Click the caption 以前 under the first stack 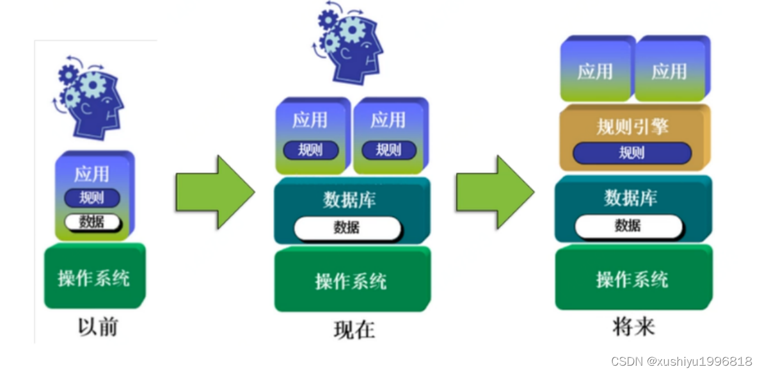(98, 327)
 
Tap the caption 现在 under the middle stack (354, 329)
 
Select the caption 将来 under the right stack (633, 327)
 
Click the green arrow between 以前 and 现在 (215, 191)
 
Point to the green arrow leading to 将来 (495, 191)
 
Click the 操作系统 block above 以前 (95, 277)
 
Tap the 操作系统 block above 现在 (351, 280)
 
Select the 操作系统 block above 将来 (633, 279)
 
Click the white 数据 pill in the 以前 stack (92, 222)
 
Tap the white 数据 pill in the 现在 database (347, 227)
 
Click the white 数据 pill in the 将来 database (628, 225)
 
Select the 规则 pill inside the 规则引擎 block (631, 153)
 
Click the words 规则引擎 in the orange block (632, 126)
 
